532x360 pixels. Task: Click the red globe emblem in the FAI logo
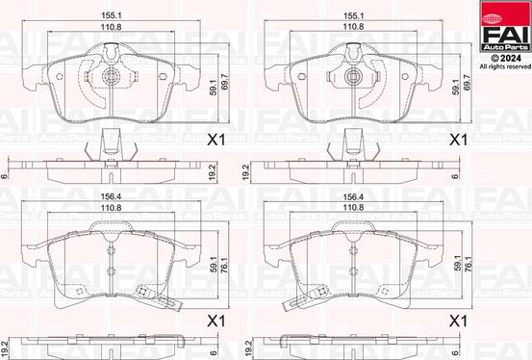492,17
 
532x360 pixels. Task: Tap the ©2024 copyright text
506,59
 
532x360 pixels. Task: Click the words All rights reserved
505,66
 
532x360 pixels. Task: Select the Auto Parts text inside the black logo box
505,47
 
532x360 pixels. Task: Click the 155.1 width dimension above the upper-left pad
112,15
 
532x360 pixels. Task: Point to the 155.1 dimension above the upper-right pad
353,15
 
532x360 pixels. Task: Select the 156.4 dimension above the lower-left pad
112,196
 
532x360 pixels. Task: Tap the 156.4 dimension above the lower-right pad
353,196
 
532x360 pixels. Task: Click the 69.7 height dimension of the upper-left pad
224,82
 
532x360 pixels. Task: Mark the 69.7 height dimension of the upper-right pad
467,82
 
